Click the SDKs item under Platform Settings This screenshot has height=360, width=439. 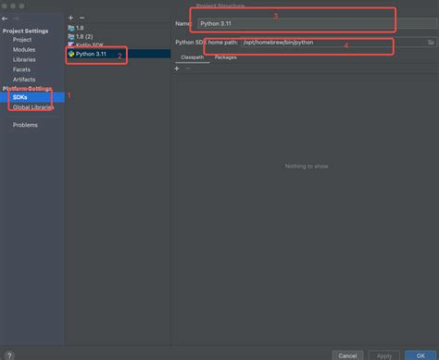20,97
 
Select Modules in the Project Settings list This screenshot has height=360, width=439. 23,49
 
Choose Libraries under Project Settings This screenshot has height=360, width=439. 24,58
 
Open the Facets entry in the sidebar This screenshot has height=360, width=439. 22,68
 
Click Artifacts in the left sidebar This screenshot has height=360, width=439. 24,79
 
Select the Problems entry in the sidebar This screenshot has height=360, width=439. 25,125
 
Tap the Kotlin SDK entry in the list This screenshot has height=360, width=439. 90,44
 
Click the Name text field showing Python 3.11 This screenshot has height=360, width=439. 296,21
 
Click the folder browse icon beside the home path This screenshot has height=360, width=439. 432,42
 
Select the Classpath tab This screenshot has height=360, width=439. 192,57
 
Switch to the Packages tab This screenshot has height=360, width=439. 225,57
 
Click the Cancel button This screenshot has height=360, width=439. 346,354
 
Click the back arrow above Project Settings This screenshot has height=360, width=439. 6,19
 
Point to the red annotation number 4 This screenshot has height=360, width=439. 346,45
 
